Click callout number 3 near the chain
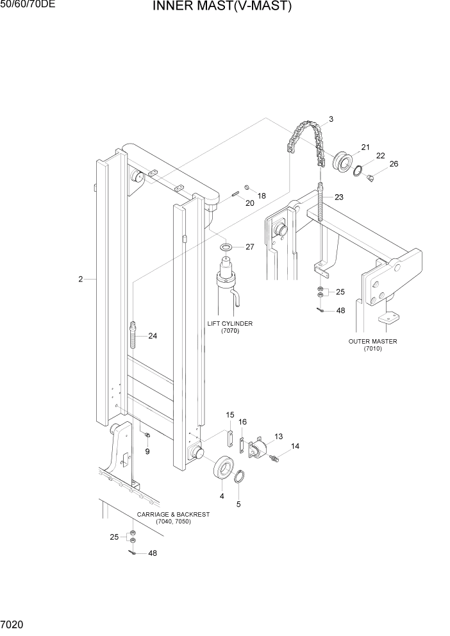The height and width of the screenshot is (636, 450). (331, 119)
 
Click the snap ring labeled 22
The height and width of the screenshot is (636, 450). (358, 169)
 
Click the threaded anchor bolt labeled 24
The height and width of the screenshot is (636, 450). (134, 335)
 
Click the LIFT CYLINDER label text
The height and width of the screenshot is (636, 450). (229, 324)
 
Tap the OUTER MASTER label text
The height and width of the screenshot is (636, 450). (372, 342)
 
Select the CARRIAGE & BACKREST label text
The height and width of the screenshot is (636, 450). (173, 514)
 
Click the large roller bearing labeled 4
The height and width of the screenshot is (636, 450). (222, 466)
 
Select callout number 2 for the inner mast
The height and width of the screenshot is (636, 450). (81, 279)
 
